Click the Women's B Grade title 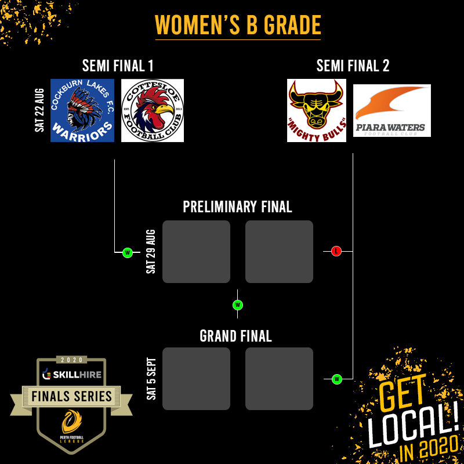point(238,26)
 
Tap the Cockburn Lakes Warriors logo point(82,111)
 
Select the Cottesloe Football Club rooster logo point(153,111)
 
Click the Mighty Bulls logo point(317,111)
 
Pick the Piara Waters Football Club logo point(392,111)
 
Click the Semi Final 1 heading point(118,66)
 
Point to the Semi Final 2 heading point(353,66)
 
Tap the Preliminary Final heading point(237,207)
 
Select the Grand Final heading point(235,336)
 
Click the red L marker point(336,251)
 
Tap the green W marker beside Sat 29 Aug point(128,252)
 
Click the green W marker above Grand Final point(237,304)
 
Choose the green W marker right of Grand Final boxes point(336,379)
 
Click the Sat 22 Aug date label point(40,110)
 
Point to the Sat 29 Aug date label point(151,252)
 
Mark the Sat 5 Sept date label point(151,379)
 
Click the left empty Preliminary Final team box point(196,252)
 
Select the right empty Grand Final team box point(279,379)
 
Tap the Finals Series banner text point(72,397)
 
